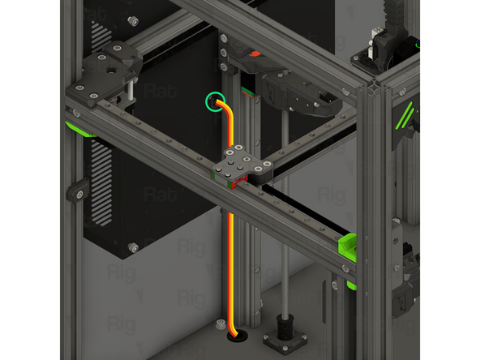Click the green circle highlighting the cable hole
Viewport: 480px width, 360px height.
(x=216, y=102)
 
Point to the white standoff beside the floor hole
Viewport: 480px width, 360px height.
(x=219, y=325)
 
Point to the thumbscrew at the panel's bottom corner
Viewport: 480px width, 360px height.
(x=133, y=246)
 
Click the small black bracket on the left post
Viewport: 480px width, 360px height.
(x=75, y=191)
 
